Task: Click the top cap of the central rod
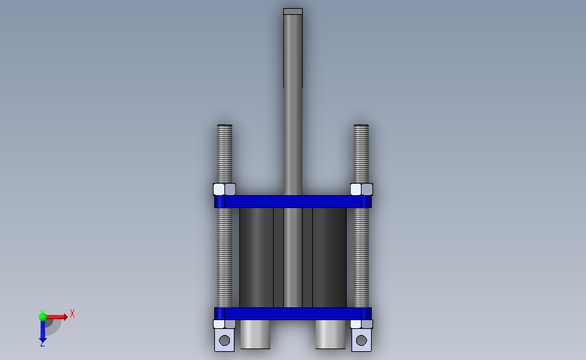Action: (x=293, y=11)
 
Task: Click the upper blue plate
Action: (x=293, y=202)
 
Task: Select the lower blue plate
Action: (x=293, y=313)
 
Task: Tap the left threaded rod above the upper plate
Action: (x=224, y=154)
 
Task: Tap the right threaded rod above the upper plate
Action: (x=361, y=154)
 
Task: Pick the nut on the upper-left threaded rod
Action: (x=224, y=189)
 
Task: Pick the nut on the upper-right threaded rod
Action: (x=362, y=189)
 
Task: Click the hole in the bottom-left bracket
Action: (x=224, y=340)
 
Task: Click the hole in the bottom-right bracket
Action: (x=362, y=340)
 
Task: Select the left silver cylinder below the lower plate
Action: (x=255, y=334)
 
